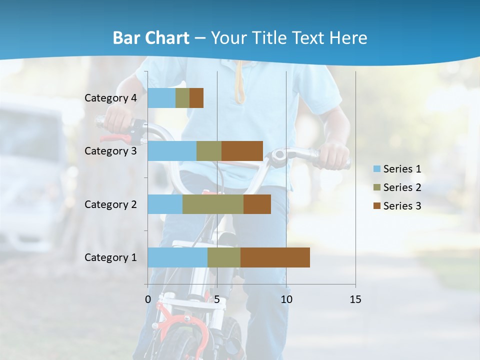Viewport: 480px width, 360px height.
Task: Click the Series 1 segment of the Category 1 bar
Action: [x=177, y=257]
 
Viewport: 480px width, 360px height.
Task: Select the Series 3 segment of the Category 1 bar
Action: [x=275, y=257]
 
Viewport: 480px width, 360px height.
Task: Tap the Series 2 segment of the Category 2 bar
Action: [x=212, y=204]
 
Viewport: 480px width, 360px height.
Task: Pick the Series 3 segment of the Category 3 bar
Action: [x=242, y=151]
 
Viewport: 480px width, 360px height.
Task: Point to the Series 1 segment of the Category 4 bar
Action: [x=161, y=98]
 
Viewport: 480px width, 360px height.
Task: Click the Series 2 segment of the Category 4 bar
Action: [x=182, y=98]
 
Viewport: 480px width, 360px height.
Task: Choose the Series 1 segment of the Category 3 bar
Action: [x=171, y=151]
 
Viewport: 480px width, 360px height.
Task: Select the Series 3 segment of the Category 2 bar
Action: [x=257, y=204]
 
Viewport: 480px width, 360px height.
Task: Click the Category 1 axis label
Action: [x=110, y=257]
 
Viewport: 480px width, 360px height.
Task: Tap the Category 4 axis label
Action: [x=110, y=98]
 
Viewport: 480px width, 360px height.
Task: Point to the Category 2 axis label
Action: [x=110, y=204]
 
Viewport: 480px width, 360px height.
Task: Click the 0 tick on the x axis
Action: [x=147, y=299]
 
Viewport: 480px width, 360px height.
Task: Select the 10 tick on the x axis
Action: [x=286, y=299]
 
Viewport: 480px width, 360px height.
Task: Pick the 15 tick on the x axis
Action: [x=355, y=299]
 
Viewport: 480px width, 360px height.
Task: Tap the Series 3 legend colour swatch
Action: [x=376, y=206]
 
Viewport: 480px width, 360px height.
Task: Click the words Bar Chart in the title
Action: [x=150, y=38]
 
